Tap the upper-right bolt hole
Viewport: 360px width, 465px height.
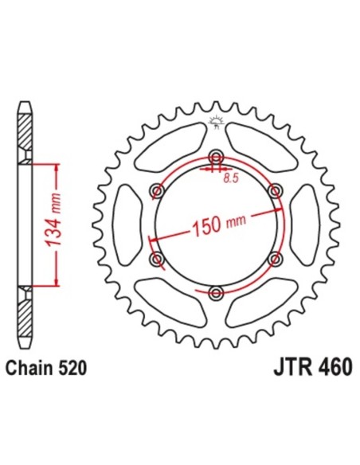pos(276,191)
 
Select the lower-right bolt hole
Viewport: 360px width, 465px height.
pos(276,260)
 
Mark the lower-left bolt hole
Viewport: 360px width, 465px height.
pos(156,260)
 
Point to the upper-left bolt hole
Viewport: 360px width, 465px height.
pos(156,191)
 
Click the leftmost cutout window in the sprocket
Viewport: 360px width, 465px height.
pos(128,225)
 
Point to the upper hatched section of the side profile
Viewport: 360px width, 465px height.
pos(25,127)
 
